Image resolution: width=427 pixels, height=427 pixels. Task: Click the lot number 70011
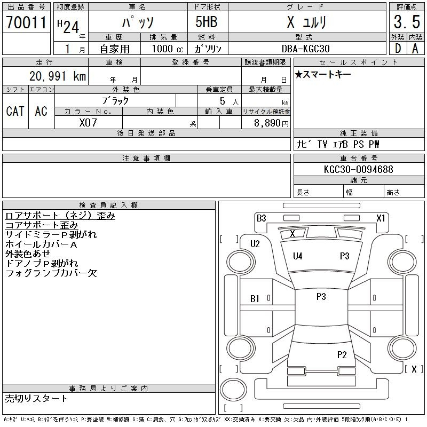(26, 22)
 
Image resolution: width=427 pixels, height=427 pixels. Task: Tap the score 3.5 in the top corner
(407, 22)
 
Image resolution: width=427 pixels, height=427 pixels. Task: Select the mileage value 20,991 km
(58, 76)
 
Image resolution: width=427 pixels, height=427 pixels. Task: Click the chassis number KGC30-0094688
(358, 169)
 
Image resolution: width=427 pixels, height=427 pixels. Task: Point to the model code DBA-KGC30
(305, 49)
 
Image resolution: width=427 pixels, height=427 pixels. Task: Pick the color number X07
(88, 123)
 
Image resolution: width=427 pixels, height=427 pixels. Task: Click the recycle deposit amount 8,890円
(271, 123)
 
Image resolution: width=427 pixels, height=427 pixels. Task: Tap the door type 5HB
(207, 22)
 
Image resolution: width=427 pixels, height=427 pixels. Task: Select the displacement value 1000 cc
(168, 49)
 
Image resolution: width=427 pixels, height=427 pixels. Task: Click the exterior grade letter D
(398, 49)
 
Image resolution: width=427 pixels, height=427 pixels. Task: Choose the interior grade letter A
(415, 49)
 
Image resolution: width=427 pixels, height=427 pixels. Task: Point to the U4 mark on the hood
(298, 256)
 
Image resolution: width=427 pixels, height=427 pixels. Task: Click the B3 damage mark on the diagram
(262, 218)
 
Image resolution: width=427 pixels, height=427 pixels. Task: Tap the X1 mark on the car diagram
(381, 218)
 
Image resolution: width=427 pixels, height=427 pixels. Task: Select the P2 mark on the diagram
(342, 354)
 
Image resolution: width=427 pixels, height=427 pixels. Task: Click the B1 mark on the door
(255, 299)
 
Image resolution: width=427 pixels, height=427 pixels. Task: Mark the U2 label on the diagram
(255, 243)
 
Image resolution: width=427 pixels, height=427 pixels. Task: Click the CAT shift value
(15, 111)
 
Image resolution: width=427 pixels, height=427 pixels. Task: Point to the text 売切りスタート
(36, 398)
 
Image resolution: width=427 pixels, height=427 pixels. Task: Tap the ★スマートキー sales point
(323, 74)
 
